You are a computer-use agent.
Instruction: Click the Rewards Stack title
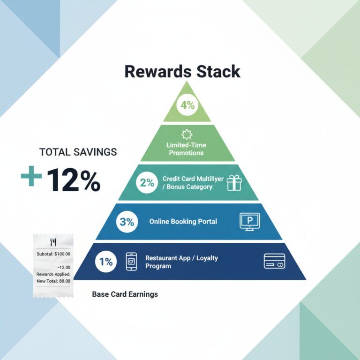tap(182, 72)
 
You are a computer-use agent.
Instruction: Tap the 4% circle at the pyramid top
tap(187, 105)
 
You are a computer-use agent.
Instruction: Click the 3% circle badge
tap(127, 222)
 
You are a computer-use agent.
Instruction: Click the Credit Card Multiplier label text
tap(187, 183)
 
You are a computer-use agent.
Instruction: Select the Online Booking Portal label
tap(183, 221)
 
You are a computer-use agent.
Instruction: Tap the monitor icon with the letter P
tap(249, 221)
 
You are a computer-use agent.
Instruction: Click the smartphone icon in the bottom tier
tap(131, 261)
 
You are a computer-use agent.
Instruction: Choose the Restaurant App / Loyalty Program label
tap(181, 262)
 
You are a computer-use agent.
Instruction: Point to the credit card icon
tap(275, 261)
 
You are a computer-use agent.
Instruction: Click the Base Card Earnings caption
tap(125, 294)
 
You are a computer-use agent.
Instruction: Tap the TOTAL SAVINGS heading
tap(78, 152)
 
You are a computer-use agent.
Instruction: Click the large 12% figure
tap(74, 180)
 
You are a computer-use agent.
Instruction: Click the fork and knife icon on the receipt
tap(53, 242)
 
